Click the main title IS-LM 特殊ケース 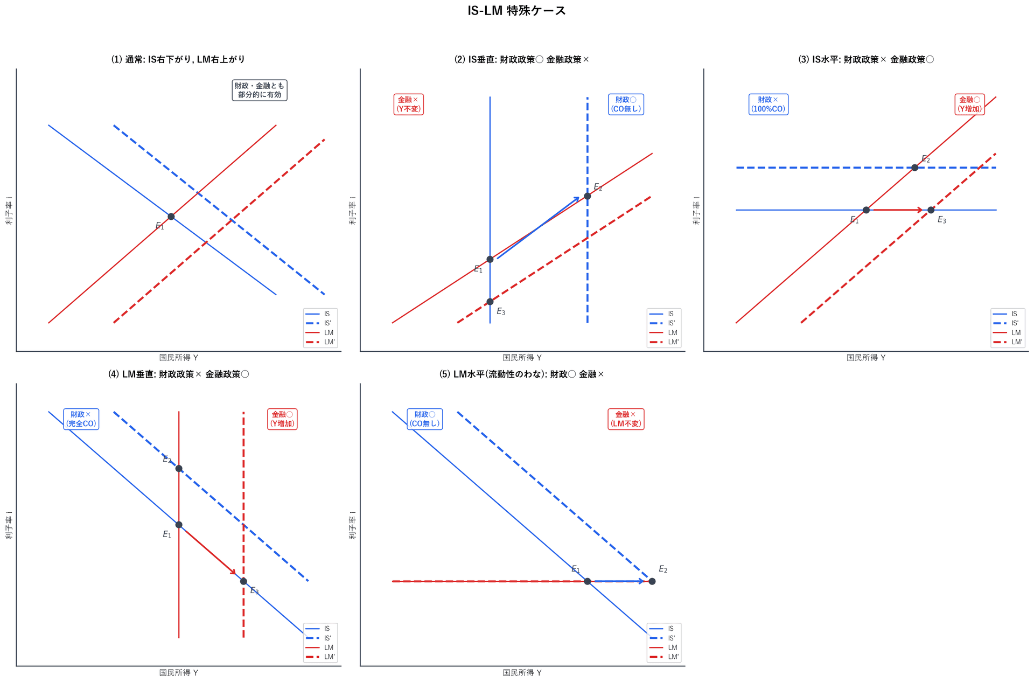click(516, 11)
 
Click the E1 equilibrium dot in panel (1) click(171, 217)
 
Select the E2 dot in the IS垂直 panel click(588, 196)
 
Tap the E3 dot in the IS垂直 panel click(490, 302)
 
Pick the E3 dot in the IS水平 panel click(931, 210)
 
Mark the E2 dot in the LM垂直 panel click(179, 469)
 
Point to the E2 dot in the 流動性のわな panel click(652, 581)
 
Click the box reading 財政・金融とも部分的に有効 click(260, 90)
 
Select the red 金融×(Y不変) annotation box click(408, 104)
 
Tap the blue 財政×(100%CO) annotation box click(768, 104)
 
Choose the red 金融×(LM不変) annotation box click(626, 419)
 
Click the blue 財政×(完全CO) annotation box click(81, 419)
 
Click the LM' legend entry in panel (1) click(320, 342)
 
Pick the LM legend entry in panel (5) click(663, 648)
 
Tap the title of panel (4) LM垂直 click(179, 374)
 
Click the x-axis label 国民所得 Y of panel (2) click(522, 358)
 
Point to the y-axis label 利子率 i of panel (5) click(353, 525)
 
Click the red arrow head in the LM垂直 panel click(233, 572)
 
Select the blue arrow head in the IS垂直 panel click(576, 200)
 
